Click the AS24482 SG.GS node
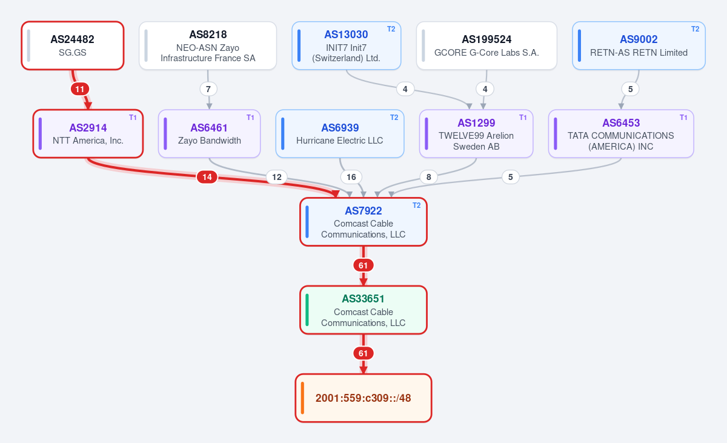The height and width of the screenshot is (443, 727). coord(73,45)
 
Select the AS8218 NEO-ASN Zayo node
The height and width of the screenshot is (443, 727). coord(208,45)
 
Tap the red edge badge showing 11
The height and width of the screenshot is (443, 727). coord(80,89)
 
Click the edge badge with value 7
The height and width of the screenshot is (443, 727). coord(208,89)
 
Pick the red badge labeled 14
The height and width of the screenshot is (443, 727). coord(207,177)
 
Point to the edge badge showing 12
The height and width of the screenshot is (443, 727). coord(276,177)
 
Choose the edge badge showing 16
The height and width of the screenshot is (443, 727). coord(351,177)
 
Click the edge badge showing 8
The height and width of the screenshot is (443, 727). coord(429,177)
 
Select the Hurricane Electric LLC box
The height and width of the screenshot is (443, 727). coord(340,134)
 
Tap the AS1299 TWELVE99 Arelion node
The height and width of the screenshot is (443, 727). coord(476,134)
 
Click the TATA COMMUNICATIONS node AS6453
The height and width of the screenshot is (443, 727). coord(621,134)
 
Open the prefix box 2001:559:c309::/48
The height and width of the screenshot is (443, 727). coord(363,398)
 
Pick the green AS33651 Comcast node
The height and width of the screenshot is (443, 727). coord(363,310)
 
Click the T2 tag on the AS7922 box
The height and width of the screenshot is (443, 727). coord(416,205)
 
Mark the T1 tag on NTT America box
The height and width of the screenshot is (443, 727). coord(133,118)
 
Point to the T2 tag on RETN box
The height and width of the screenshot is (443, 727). coord(695,29)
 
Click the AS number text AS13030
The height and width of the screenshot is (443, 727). coord(346,35)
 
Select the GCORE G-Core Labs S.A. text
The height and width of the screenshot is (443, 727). coord(486,53)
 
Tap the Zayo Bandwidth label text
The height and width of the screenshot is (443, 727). coord(210,141)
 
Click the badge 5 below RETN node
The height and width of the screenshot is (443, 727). coord(630,89)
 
